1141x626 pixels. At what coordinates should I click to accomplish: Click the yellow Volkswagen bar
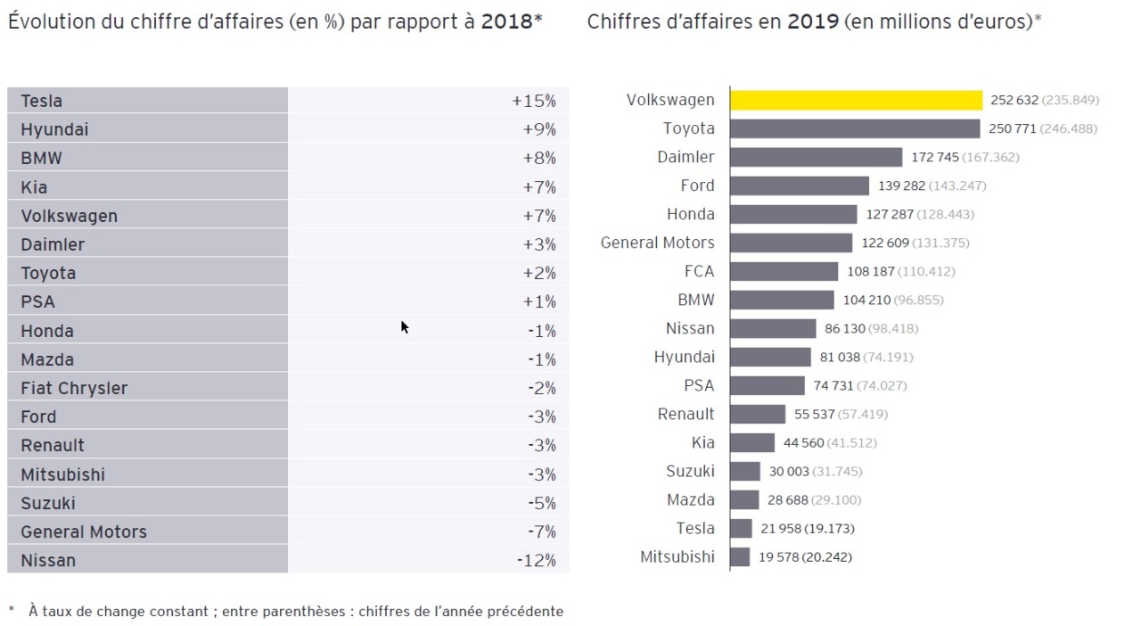pos(856,100)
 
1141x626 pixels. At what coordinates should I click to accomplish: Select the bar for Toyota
pos(855,128)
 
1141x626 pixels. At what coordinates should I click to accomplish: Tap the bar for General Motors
pos(791,243)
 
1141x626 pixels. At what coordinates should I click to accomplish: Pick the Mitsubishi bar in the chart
pos(740,556)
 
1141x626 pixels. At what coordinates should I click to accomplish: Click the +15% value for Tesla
pos(533,101)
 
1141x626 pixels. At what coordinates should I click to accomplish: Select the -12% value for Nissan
pos(536,560)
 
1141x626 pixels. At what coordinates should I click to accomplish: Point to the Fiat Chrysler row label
pos(74,388)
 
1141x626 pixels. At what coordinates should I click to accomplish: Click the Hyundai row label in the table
pos(54,129)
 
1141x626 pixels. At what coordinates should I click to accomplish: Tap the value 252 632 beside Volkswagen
pos(1014,100)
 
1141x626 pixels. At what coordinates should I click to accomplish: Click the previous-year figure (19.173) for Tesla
pos(829,528)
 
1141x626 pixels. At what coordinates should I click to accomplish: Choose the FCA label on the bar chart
pos(699,271)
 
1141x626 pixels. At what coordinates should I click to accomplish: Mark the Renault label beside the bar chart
pos(685,414)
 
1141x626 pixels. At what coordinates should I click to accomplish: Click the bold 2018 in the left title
pos(506,21)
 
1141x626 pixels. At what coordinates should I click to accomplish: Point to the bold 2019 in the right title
pos(812,21)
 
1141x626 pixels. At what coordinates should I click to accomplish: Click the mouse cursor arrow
pos(404,326)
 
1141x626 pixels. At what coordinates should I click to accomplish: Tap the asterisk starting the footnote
pos(12,611)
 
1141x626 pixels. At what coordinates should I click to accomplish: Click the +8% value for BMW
pos(538,158)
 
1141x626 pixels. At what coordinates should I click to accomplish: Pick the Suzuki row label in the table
pos(48,503)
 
